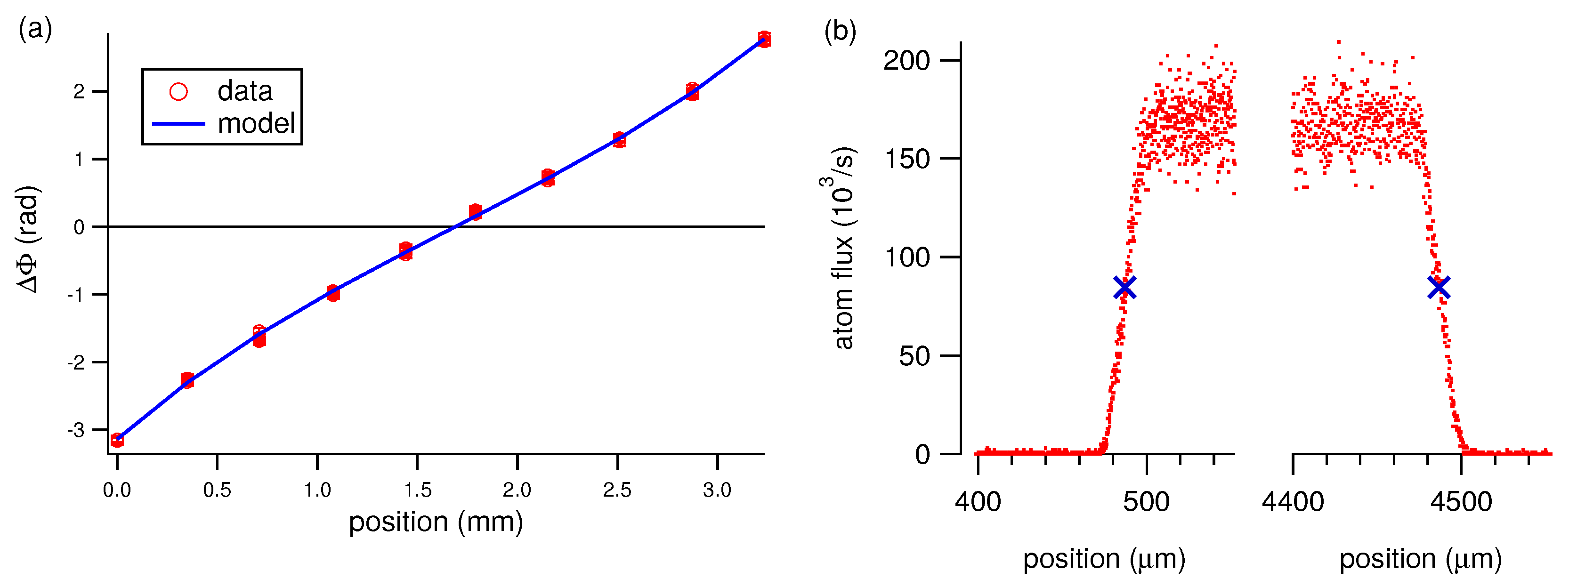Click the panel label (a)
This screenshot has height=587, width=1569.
[35, 29]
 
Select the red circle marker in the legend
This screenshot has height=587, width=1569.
[178, 92]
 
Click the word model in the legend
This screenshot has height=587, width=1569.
[256, 124]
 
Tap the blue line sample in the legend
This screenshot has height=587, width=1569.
[178, 124]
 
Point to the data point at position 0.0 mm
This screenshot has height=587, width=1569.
[117, 440]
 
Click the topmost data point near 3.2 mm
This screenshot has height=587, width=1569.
[764, 38]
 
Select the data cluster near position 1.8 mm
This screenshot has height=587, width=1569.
[476, 212]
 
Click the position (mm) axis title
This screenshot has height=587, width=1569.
[436, 522]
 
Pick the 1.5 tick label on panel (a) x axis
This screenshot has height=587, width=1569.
[417, 490]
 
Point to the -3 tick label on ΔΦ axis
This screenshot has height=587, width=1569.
[76, 430]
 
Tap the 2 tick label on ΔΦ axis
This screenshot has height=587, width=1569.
[79, 92]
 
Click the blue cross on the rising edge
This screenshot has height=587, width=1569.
[1124, 287]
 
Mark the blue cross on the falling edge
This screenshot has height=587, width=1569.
[1439, 287]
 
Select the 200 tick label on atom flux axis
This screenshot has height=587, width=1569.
[906, 60]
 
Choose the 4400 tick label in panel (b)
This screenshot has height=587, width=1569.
[1293, 502]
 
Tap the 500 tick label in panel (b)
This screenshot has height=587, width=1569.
[1146, 502]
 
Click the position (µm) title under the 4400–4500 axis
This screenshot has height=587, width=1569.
[1420, 559]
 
